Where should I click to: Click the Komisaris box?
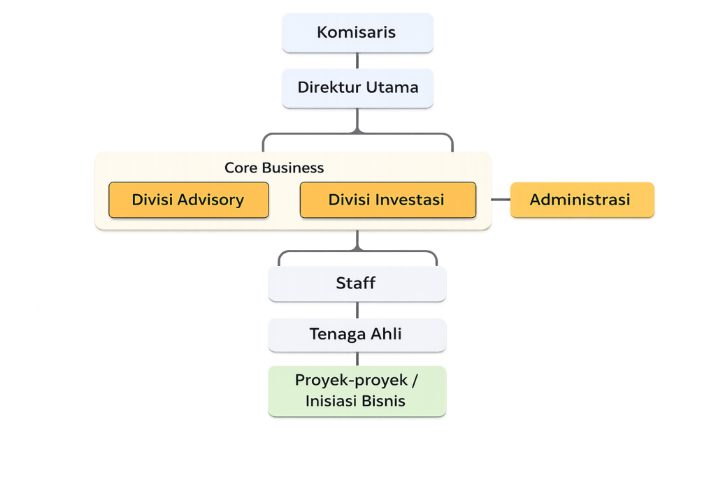coord(357,33)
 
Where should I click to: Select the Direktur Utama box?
coord(357,88)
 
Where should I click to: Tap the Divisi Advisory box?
coord(189,200)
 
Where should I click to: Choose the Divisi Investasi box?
coord(387,200)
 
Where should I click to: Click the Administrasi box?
coord(582,200)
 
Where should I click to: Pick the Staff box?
coord(357,284)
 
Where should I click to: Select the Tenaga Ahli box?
coord(357,335)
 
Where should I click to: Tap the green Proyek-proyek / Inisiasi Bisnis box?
coord(357,391)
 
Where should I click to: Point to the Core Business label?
coord(274,168)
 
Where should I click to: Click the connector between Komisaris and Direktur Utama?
coord(357,61)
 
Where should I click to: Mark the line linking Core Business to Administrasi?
coord(501,200)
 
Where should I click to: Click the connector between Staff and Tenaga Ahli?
coord(357,310)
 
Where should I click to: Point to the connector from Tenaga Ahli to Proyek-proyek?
coord(357,359)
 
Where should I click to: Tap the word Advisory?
coord(210,200)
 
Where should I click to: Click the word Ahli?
coord(386,334)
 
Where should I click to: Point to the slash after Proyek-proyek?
coord(415,381)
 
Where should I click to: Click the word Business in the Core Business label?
coord(293,168)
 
